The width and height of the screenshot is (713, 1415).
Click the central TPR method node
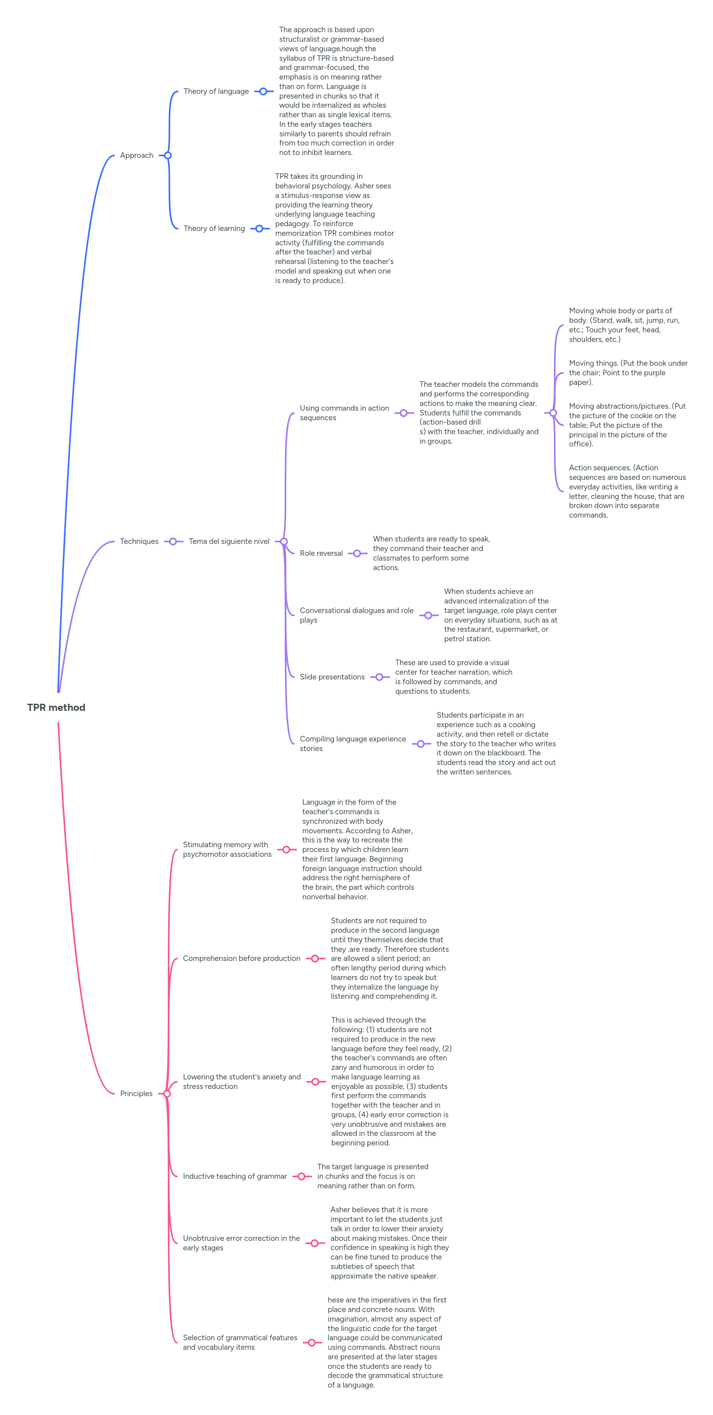56,708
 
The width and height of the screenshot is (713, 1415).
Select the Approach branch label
137,155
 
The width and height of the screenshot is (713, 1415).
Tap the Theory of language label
216,91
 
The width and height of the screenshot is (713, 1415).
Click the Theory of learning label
214,229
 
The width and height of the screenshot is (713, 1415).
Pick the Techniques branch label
139,541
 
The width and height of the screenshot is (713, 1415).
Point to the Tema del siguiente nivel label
229,541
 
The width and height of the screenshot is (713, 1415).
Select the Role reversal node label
321,553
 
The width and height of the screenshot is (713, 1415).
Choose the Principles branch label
136,1094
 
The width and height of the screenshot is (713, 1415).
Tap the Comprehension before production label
241,959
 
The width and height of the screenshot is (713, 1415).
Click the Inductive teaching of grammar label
235,1176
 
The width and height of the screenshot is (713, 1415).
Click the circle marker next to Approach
168,155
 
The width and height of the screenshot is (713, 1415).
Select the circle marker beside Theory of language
263,91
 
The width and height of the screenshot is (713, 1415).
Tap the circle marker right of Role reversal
357,553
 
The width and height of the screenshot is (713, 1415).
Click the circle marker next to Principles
167,1094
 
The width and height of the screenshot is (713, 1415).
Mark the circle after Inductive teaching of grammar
301,1176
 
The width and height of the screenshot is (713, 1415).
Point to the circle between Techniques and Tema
173,541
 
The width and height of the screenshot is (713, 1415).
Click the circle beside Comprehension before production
315,959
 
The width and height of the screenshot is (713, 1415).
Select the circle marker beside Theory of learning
259,229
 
